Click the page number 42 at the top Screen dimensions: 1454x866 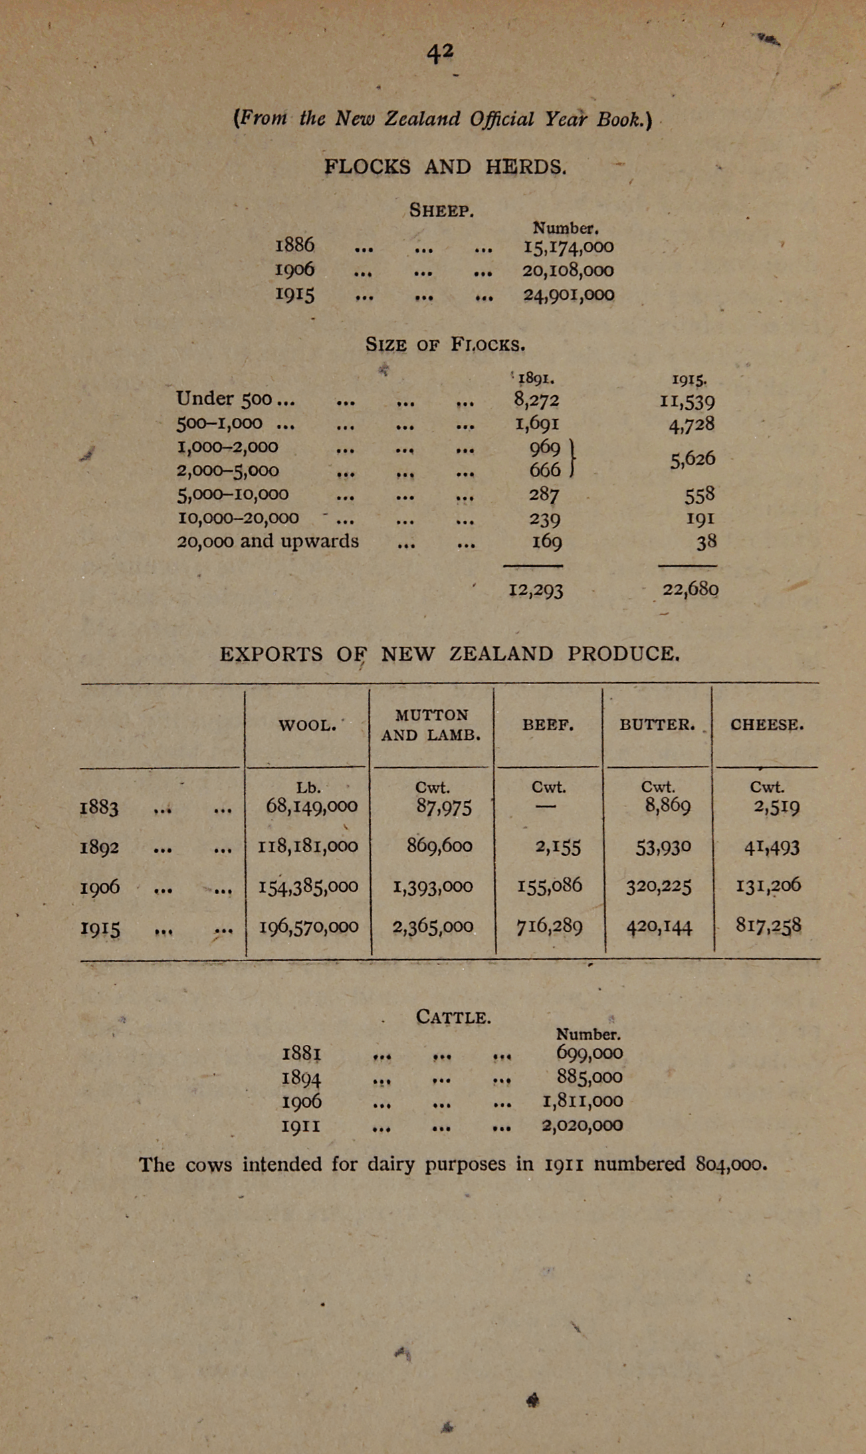point(440,52)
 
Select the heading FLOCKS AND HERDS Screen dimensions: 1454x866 point(445,166)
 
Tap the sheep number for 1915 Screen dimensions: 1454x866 point(568,294)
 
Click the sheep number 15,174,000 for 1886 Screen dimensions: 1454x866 point(568,247)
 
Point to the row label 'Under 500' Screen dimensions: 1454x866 point(224,399)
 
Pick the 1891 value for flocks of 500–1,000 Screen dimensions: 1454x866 point(536,424)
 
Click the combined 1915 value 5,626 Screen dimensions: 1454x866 point(693,459)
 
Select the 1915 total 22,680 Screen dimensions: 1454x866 point(691,589)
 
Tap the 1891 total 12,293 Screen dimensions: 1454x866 point(536,590)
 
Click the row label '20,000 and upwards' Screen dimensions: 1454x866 point(267,541)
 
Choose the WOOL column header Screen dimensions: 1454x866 point(307,725)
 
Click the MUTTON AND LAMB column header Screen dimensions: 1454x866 point(431,725)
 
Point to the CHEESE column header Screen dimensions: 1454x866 point(767,725)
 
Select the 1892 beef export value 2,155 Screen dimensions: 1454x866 point(558,847)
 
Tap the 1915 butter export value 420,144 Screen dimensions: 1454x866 point(659,926)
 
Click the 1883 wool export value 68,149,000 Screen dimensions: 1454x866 point(311,806)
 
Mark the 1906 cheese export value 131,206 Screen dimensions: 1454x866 point(768,885)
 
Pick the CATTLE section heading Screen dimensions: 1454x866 point(453,1017)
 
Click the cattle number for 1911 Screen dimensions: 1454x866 point(582,1125)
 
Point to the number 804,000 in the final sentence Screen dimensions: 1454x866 point(731,1164)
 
